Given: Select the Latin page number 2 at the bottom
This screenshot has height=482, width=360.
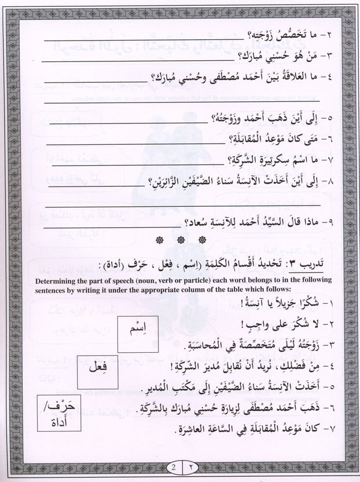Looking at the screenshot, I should (x=172, y=467).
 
